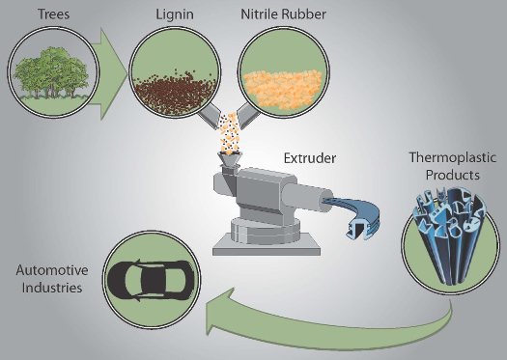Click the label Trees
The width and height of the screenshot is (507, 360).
pyautogui.click(x=54, y=14)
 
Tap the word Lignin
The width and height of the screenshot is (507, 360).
pyautogui.click(x=175, y=14)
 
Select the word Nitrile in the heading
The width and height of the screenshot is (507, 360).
pyautogui.click(x=260, y=14)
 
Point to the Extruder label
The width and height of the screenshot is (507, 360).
pyautogui.click(x=310, y=158)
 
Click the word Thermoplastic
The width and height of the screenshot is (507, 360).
pyautogui.click(x=453, y=158)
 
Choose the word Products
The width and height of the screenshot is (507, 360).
pyautogui.click(x=453, y=175)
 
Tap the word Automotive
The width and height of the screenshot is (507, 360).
pyautogui.click(x=52, y=270)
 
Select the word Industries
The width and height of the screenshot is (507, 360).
pyautogui.click(x=52, y=288)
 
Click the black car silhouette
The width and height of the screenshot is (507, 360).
pyautogui.click(x=151, y=280)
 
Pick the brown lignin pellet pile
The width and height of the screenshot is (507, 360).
pyautogui.click(x=175, y=94)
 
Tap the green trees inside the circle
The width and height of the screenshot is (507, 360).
pyautogui.click(x=52, y=72)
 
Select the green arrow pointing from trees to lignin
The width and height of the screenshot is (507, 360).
pyautogui.click(x=108, y=73)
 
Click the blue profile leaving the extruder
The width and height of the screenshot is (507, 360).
pyautogui.click(x=354, y=215)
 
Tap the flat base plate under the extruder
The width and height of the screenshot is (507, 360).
pyautogui.click(x=267, y=245)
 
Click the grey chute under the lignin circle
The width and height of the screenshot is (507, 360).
pyautogui.click(x=210, y=117)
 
